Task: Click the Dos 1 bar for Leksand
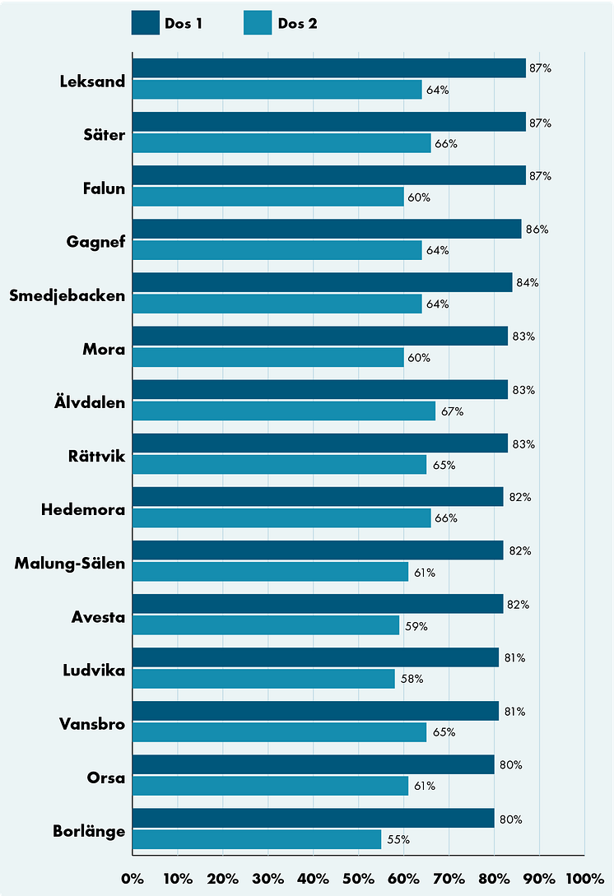(x=328, y=68)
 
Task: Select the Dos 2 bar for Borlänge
(x=256, y=839)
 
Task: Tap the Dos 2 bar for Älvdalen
(x=283, y=411)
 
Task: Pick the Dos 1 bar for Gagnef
(x=326, y=230)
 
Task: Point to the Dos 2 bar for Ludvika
(x=263, y=679)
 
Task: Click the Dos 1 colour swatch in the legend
(x=145, y=23)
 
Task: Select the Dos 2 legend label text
(x=297, y=23)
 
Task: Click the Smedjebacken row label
(x=67, y=296)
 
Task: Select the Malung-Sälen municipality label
(x=70, y=564)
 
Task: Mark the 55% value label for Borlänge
(x=398, y=840)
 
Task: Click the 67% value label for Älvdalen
(x=453, y=411)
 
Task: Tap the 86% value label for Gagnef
(x=537, y=230)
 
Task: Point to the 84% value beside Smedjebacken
(x=528, y=283)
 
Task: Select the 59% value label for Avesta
(x=416, y=626)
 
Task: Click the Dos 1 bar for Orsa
(x=313, y=765)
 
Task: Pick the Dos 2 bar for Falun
(x=267, y=197)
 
